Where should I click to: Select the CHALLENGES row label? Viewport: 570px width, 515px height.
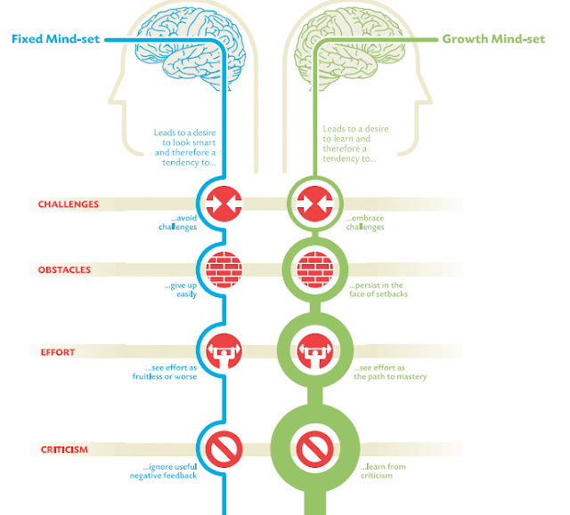pyautogui.click(x=69, y=204)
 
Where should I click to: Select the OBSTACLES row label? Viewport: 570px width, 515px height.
pyautogui.click(x=64, y=270)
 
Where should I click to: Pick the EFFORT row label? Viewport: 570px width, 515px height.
pyautogui.click(x=56, y=352)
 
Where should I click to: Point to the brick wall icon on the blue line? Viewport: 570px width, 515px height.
pyautogui.click(x=219, y=270)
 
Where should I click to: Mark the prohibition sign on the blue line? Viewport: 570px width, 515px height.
pyautogui.click(x=219, y=449)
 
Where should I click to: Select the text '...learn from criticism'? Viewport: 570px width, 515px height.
pyautogui.click(x=384, y=471)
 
